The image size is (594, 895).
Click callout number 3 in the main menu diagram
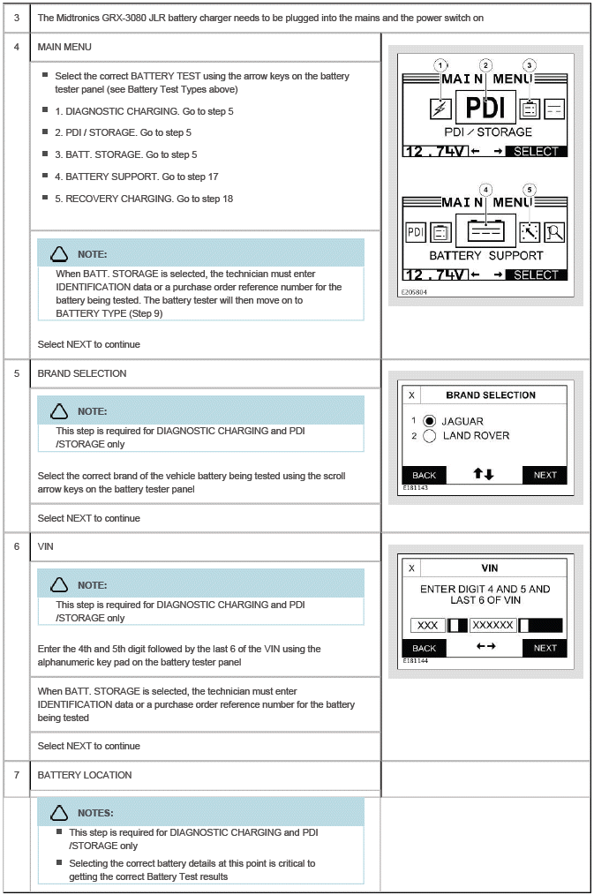click(530, 65)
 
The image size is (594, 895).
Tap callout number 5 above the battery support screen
click(530, 190)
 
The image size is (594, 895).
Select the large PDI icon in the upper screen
click(485, 107)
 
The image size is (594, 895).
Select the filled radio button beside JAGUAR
click(431, 421)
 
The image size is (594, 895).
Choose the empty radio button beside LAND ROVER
click(431, 435)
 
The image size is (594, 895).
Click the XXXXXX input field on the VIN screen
click(492, 625)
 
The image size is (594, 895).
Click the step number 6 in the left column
click(17, 546)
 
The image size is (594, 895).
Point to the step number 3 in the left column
click(17, 18)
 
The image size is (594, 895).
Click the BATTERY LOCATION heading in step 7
click(85, 775)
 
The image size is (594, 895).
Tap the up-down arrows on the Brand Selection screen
click(484, 474)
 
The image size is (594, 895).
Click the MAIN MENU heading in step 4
click(64, 46)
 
